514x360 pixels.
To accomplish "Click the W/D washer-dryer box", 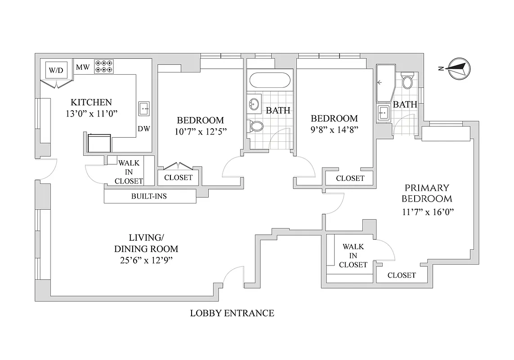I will tap(56, 70).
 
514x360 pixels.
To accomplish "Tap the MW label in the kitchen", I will tap(82, 67).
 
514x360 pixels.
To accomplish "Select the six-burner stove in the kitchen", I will tap(103, 66).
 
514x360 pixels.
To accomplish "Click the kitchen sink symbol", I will tap(144, 108).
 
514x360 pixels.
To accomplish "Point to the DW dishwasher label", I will tap(144, 129).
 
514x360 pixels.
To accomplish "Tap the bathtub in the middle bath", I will tap(269, 81).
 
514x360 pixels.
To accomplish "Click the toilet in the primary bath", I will tap(407, 81).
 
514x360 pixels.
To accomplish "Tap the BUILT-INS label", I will tap(149, 196).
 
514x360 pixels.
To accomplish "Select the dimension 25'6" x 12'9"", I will tap(146, 260).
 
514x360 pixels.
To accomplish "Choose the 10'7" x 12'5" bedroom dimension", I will tap(200, 132).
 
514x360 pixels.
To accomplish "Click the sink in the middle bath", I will tap(254, 105).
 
